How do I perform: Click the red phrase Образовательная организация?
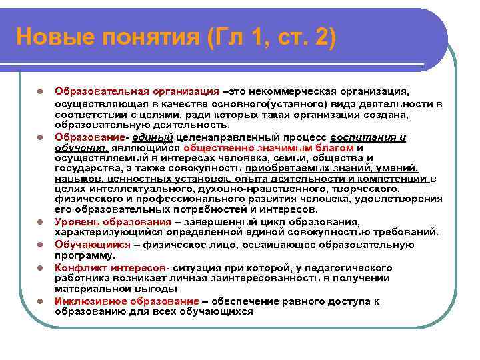(x=137, y=91)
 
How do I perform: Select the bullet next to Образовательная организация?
(x=41, y=91)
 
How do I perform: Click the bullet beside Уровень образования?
(x=41, y=222)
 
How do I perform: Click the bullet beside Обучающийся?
(x=41, y=245)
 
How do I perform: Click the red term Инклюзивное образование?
(x=127, y=301)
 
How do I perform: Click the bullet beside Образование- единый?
(x=41, y=138)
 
